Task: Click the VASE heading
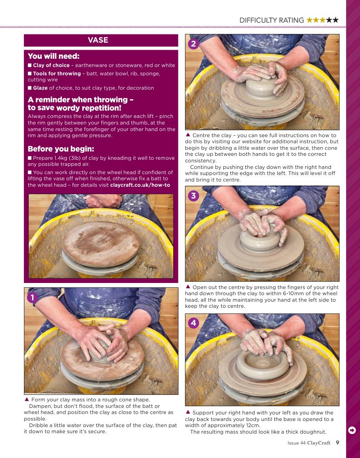(98, 40)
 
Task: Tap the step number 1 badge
(32, 297)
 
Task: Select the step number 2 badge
(193, 44)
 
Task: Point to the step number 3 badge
(193, 195)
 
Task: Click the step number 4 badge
(193, 323)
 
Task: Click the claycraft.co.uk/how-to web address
(140, 185)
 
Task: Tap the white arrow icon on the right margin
(352, 430)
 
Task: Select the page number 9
(337, 442)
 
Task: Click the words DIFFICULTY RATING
(272, 20)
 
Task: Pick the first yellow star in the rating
(310, 20)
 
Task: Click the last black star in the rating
(336, 20)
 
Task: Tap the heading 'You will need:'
(54, 56)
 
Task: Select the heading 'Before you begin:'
(61, 149)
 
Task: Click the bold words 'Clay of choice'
(51, 65)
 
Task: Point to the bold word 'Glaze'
(40, 88)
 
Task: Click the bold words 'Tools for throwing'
(57, 74)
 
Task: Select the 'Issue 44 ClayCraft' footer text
(309, 443)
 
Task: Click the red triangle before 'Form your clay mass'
(27, 399)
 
